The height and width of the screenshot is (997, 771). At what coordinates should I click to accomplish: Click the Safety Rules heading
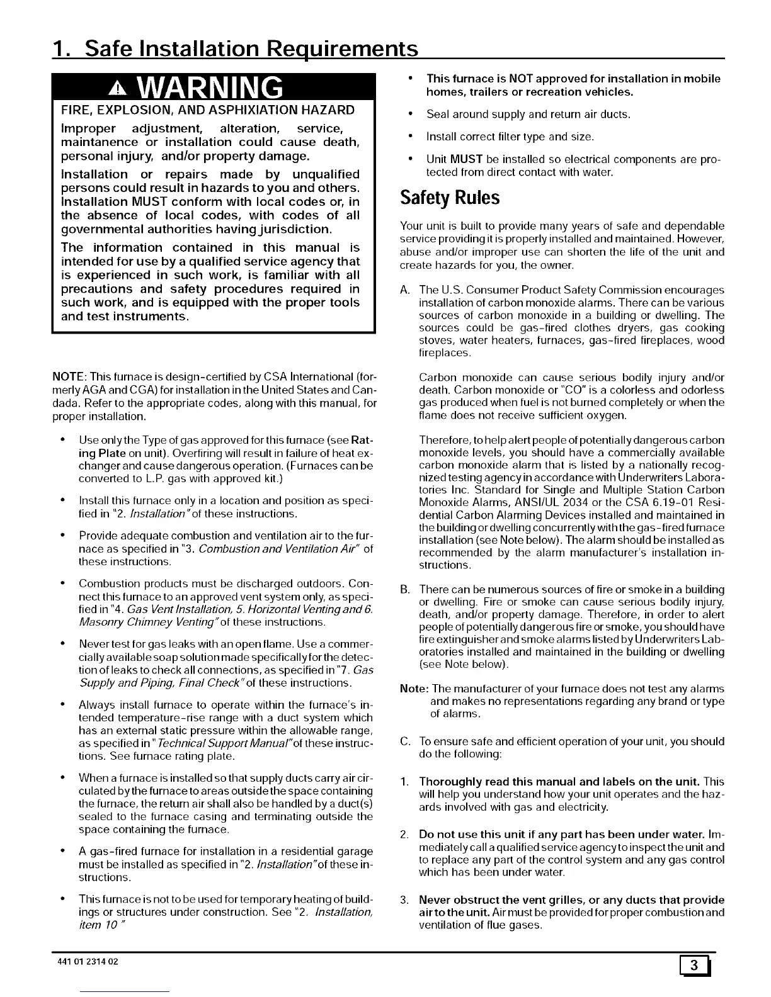click(450, 198)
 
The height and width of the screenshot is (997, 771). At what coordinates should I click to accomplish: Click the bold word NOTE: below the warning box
click(65, 378)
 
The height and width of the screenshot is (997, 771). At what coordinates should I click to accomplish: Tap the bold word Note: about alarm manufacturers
click(414, 689)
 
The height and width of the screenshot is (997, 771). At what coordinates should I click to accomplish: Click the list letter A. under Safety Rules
click(406, 290)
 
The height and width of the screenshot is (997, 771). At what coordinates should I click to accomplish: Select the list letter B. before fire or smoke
click(406, 590)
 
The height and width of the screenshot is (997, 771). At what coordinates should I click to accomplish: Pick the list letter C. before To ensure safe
click(406, 741)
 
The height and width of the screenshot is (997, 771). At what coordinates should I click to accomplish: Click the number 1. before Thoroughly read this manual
click(406, 782)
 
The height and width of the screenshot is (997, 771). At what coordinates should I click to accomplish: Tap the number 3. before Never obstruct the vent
click(406, 900)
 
